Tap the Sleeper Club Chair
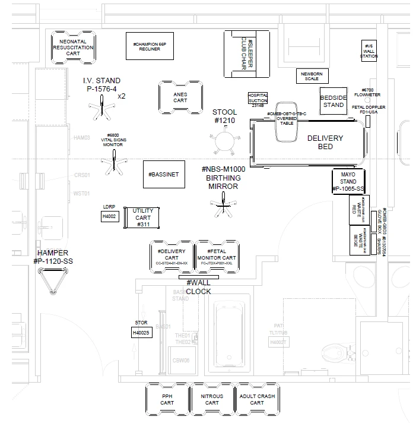246,54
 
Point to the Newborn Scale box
312,76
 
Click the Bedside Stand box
333,101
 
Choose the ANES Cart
180,97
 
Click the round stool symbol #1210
225,141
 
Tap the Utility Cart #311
143,217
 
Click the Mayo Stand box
348,181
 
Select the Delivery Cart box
172,255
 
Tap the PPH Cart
167,399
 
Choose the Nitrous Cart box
211,399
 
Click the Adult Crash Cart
256,399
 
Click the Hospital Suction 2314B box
258,99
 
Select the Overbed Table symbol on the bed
287,127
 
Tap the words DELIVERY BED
325,143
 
